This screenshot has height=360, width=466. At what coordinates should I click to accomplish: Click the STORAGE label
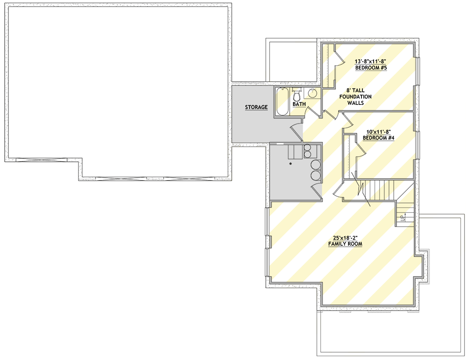pyautogui.click(x=256, y=107)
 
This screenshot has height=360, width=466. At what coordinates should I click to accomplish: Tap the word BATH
pyautogui.click(x=299, y=104)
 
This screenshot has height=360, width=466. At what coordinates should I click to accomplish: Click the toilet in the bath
pyautogui.click(x=297, y=95)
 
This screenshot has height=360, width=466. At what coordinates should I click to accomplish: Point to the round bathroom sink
pyautogui.click(x=313, y=92)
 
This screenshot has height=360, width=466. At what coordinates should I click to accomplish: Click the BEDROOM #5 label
pyautogui.click(x=371, y=68)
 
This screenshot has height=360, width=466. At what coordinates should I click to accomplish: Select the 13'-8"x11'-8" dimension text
pyautogui.click(x=371, y=61)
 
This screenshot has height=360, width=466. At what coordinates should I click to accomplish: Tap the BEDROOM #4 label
pyautogui.click(x=378, y=138)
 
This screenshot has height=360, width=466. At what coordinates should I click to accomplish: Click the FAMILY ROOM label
pyautogui.click(x=345, y=244)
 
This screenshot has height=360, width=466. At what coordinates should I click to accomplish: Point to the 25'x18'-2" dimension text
pyautogui.click(x=345, y=237)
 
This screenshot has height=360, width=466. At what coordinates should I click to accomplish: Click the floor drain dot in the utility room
pyautogui.click(x=290, y=164)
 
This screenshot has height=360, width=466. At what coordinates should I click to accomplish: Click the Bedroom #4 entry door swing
pyautogui.click(x=347, y=120)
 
